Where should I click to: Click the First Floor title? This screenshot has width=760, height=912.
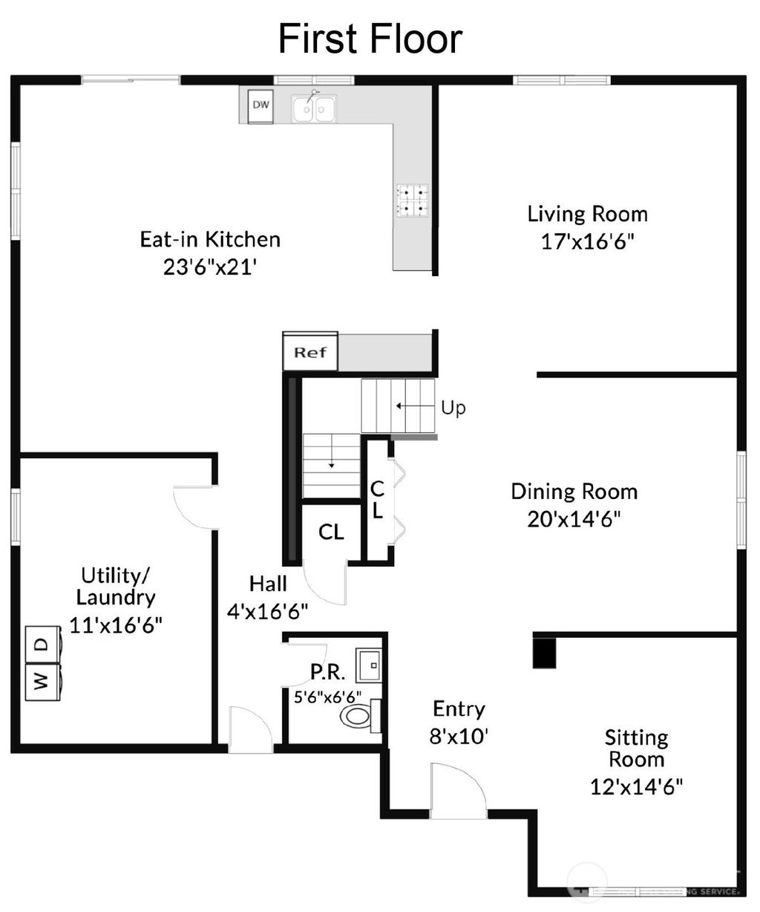[370, 39]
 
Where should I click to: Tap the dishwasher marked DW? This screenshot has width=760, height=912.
[261, 105]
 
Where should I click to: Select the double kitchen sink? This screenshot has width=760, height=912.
[314, 109]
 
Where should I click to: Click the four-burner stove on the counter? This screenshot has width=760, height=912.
[413, 201]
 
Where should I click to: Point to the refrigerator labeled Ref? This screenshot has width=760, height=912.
[310, 352]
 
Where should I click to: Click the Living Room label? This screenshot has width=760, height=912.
[587, 214]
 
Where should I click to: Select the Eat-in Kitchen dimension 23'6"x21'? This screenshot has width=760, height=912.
[210, 267]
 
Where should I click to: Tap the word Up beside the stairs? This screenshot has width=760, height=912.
[453, 408]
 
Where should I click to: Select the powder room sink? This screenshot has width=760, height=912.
[368, 665]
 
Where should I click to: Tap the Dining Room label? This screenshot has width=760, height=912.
[574, 492]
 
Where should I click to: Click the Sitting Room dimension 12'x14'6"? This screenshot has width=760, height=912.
[636, 786]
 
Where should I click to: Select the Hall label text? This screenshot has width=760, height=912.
[268, 584]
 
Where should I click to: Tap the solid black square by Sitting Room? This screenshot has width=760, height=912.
[546, 651]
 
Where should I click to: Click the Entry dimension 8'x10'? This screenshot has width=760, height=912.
[459, 736]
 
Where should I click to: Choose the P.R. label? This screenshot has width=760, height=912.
[327, 672]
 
